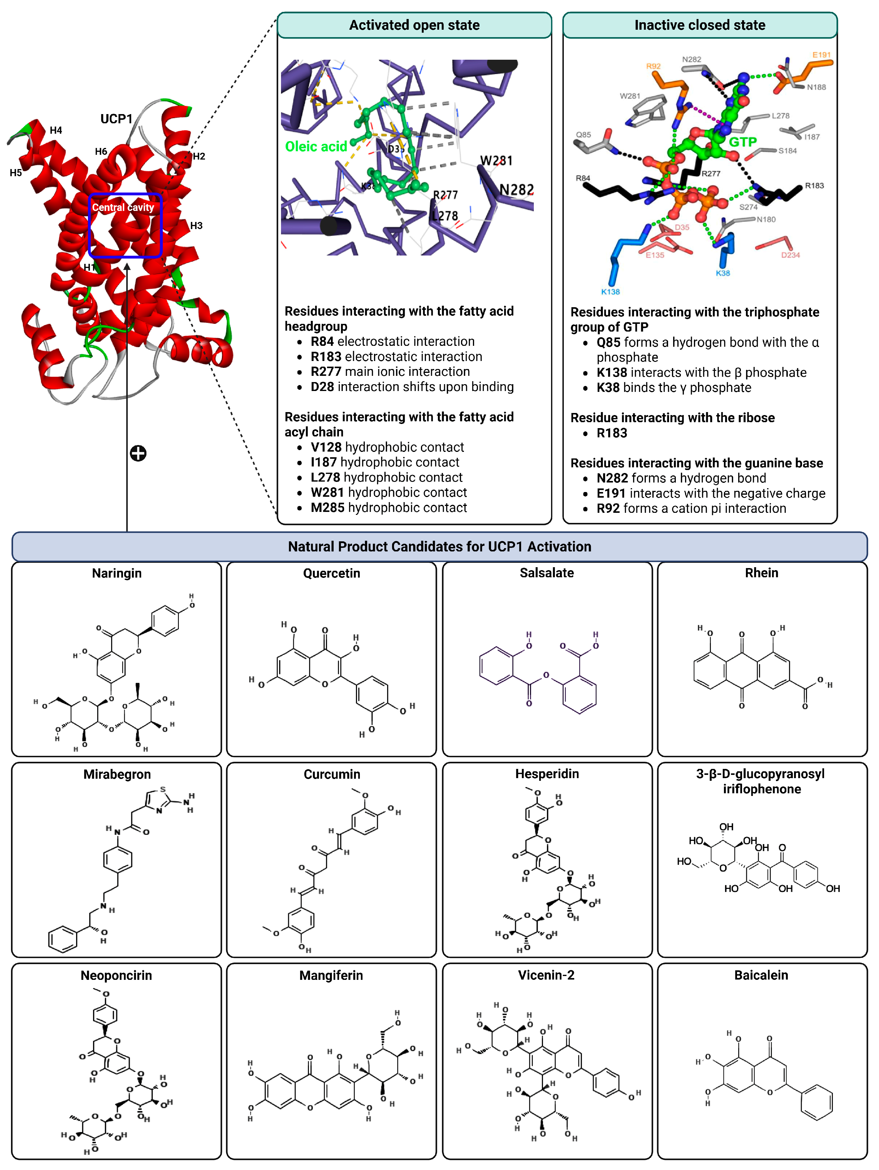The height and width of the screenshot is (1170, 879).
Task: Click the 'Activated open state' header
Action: coord(414,25)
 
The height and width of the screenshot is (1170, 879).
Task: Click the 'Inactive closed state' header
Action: coord(699,25)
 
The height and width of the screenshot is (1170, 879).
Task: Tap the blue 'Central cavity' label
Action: coord(123,207)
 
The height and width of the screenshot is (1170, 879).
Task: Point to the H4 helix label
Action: coord(56,130)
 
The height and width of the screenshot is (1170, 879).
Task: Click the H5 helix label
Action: coord(16,172)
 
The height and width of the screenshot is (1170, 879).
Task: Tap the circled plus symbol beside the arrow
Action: coord(138,453)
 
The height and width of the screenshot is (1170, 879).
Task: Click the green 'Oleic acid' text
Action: coord(316,146)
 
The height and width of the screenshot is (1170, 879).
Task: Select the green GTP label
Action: coord(743,142)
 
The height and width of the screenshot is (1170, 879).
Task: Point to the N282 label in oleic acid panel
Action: coord(516,189)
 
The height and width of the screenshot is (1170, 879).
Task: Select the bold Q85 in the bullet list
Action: coord(608,342)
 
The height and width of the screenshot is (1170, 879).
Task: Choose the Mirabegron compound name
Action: coord(117,774)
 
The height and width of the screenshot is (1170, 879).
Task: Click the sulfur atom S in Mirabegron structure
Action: coord(162,789)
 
